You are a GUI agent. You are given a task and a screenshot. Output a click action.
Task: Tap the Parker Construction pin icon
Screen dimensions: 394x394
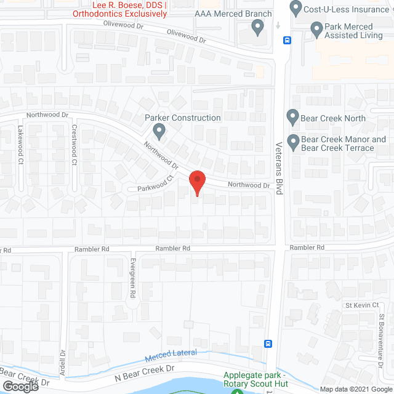pos(159,131)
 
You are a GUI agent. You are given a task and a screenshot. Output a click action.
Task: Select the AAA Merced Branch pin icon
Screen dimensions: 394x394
pos(258,27)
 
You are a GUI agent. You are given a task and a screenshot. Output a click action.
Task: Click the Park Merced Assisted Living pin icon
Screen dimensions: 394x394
pos(316,28)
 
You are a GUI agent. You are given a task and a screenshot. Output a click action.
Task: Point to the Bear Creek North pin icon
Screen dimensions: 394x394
pos(293,116)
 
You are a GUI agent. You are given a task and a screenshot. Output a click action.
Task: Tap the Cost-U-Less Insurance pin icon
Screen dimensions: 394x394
pos(295,9)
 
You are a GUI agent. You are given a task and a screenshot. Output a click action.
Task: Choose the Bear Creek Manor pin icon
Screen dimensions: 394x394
pos(293,141)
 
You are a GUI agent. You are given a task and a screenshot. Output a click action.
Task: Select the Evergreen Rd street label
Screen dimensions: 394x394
pos(132,278)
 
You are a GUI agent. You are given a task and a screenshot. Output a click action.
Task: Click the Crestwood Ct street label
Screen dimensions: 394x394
pos(74,145)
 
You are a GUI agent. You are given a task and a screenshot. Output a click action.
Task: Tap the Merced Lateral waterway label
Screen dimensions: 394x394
pos(171,356)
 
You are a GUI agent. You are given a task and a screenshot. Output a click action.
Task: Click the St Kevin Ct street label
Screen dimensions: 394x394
pos(357,305)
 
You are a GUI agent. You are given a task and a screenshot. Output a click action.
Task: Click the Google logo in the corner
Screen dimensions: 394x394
pos(20,386)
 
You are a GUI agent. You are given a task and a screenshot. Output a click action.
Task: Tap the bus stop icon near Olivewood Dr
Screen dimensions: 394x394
pos(287,41)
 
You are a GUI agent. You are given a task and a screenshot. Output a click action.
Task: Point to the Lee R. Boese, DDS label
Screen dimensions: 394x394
pos(128,4)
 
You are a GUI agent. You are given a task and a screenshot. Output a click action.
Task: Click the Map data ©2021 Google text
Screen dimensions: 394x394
pos(356,389)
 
